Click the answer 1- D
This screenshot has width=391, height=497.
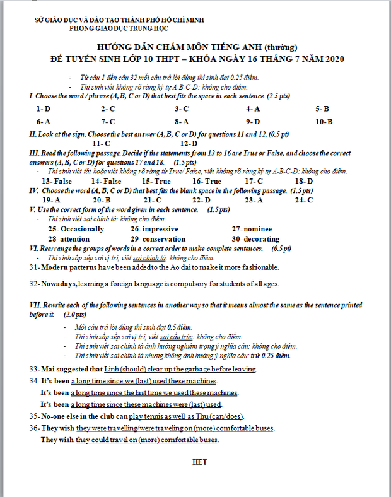44,108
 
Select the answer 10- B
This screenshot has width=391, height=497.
324,121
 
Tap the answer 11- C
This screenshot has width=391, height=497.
101,143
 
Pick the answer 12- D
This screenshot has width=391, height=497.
189,143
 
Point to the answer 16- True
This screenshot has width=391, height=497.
207,181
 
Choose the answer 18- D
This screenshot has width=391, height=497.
303,181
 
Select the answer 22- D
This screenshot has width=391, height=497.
201,200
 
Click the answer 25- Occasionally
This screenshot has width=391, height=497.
76,229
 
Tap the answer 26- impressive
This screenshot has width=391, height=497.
155,229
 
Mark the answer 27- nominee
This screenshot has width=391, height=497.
252,229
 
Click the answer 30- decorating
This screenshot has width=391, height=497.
255,239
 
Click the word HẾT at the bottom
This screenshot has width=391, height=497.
199,462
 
